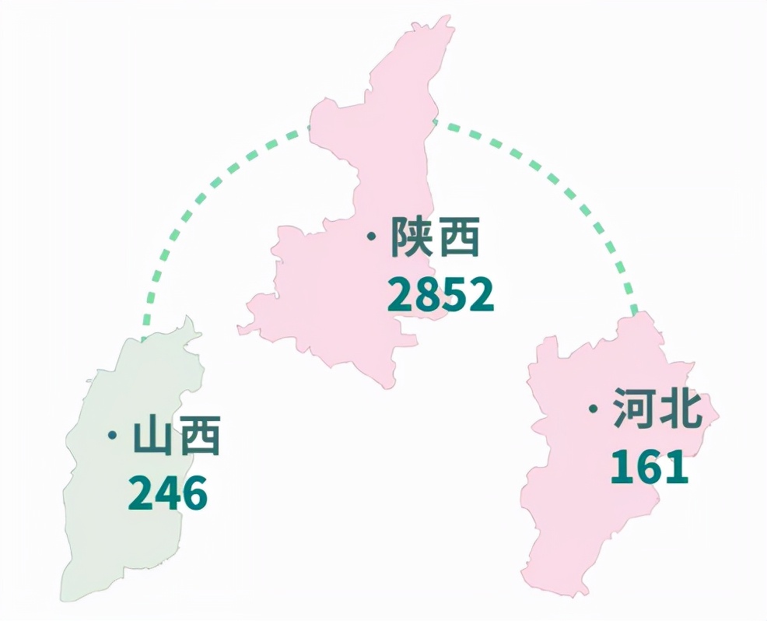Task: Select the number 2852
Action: [x=440, y=295]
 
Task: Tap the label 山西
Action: [x=177, y=436]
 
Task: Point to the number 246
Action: [x=168, y=493]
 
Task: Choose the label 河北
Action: [x=657, y=410]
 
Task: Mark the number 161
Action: [x=649, y=467]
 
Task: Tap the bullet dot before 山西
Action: [x=114, y=434]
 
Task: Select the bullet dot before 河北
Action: [x=594, y=409]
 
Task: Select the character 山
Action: [x=153, y=436]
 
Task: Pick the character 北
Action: [x=681, y=410]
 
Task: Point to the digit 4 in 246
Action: [x=168, y=493]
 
